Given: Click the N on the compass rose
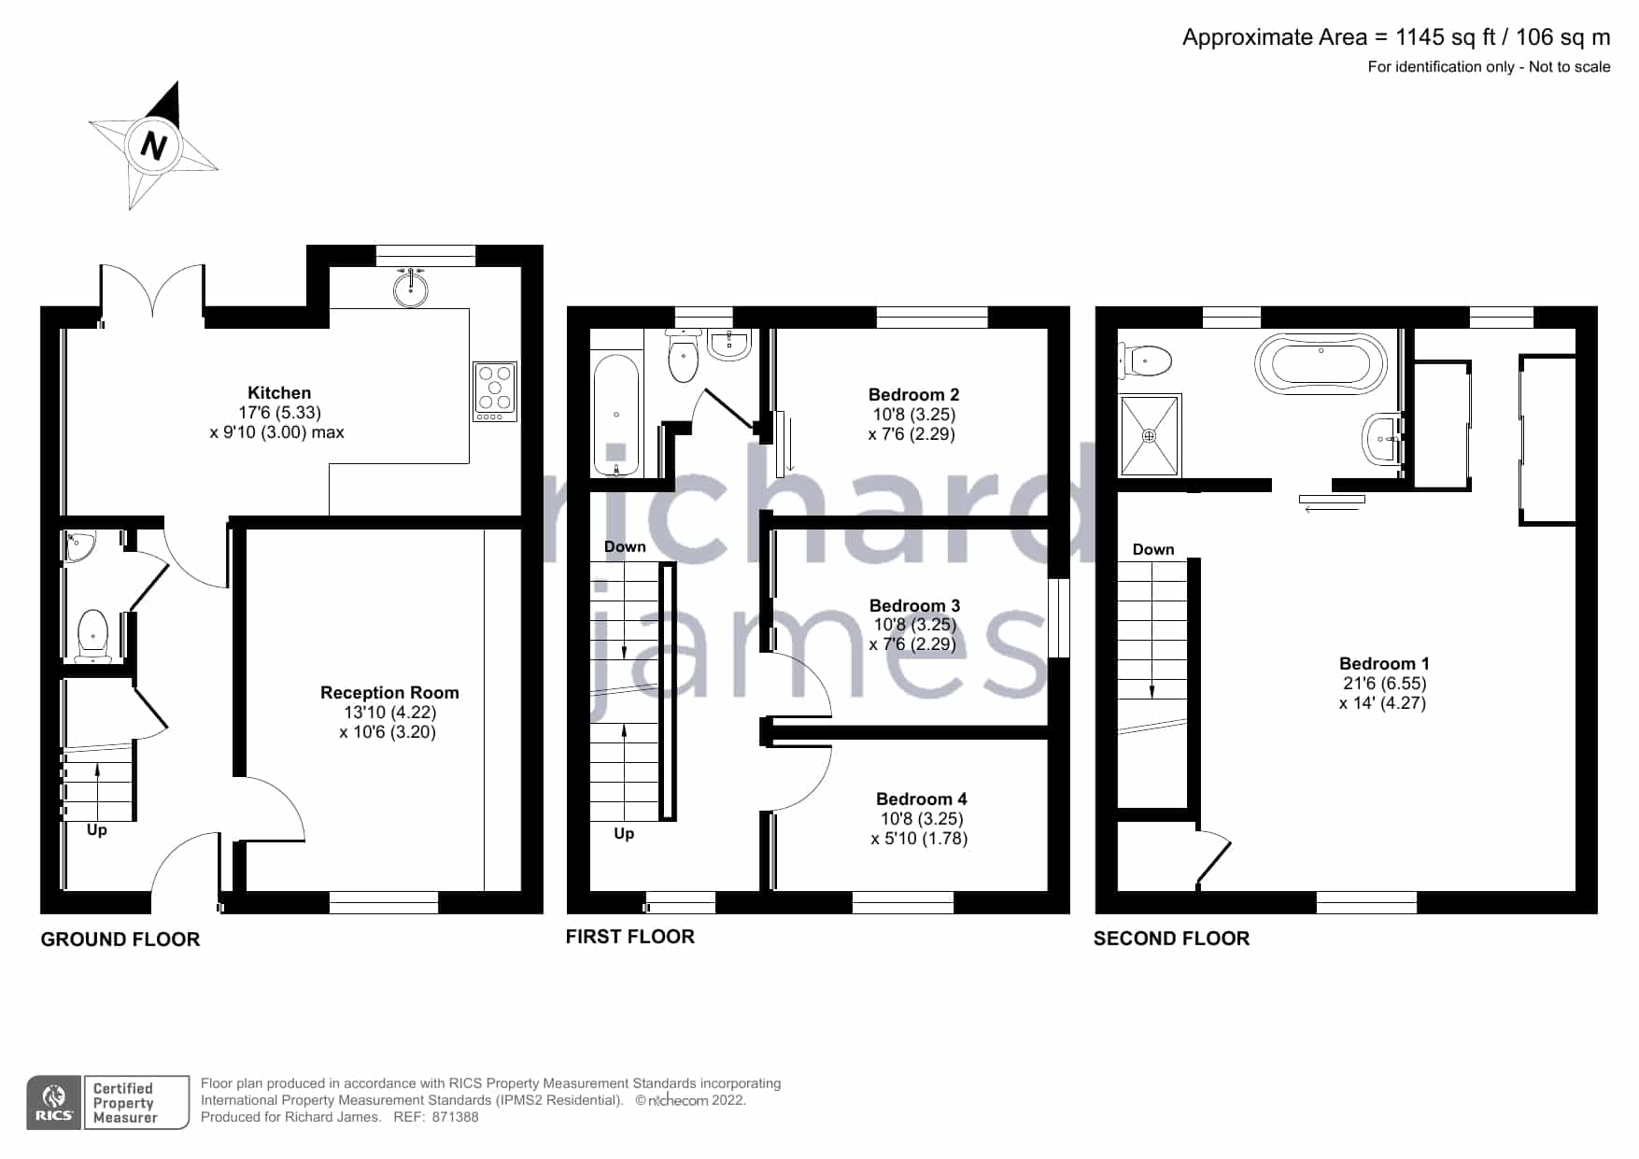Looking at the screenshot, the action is (x=153, y=146).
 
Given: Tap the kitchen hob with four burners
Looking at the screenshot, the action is (x=495, y=390).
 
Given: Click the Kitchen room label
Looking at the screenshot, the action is (x=279, y=393).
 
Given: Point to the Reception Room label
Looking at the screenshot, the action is (x=389, y=693).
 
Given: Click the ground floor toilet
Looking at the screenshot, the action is (x=93, y=635).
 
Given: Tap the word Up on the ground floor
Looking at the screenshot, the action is (x=97, y=830).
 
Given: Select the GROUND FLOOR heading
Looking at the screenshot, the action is (x=120, y=940).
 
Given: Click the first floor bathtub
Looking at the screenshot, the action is (x=616, y=415).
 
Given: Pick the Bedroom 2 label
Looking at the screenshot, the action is (x=913, y=395).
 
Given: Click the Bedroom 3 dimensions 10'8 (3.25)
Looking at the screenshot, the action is (x=914, y=625).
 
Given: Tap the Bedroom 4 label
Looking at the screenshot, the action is (x=921, y=799).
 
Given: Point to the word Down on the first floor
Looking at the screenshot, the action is (x=625, y=547).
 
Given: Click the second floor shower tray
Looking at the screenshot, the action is (x=1150, y=435).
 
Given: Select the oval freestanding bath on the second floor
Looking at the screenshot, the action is (x=1321, y=362).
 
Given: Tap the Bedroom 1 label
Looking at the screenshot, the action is (x=1384, y=664).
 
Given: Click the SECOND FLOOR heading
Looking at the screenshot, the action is (x=1171, y=939).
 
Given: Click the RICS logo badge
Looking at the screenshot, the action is (x=54, y=1103).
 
